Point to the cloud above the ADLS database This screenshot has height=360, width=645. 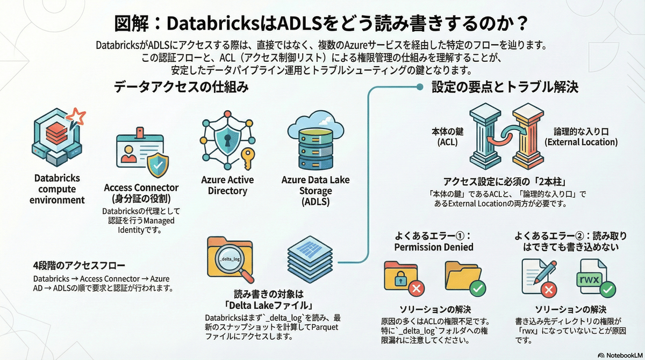coord(316,124)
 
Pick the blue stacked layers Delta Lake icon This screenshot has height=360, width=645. coord(310,260)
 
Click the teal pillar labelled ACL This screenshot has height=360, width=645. coord(485,136)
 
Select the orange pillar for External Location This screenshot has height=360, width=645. coord(528,136)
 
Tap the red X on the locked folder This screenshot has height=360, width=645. coord(417,288)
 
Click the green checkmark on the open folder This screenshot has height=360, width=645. coord(478,288)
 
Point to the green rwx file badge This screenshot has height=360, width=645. coord(589,279)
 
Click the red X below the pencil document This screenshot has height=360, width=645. coord(549,290)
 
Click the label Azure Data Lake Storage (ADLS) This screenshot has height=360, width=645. coord(316,191)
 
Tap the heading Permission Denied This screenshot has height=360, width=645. coord(434,247)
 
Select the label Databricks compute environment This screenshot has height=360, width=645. coord(57,189)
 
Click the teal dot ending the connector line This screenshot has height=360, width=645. coord(420,87)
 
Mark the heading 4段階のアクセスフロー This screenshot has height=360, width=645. coord(79,265)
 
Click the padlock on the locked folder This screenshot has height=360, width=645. coord(400,278)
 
